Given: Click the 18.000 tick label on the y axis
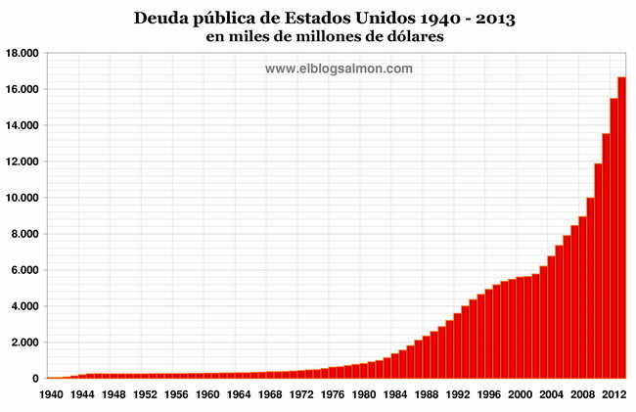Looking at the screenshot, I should (22, 53).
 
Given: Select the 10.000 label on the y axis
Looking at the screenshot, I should (22, 198).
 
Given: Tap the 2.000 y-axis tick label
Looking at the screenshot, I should (24, 343).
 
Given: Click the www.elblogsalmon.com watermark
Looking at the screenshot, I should (339, 69).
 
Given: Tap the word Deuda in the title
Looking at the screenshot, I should (166, 19).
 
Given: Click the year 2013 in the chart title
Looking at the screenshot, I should (488, 19).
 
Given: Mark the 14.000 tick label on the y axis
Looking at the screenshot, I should (22, 125).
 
